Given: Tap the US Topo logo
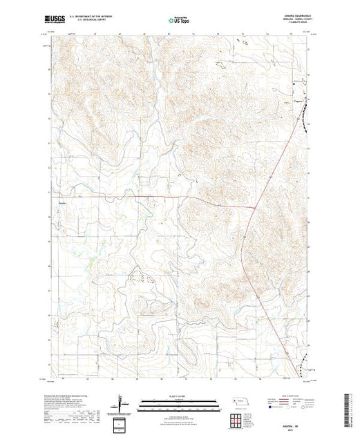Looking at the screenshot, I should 180,19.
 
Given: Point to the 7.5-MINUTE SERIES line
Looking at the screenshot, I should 291,24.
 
